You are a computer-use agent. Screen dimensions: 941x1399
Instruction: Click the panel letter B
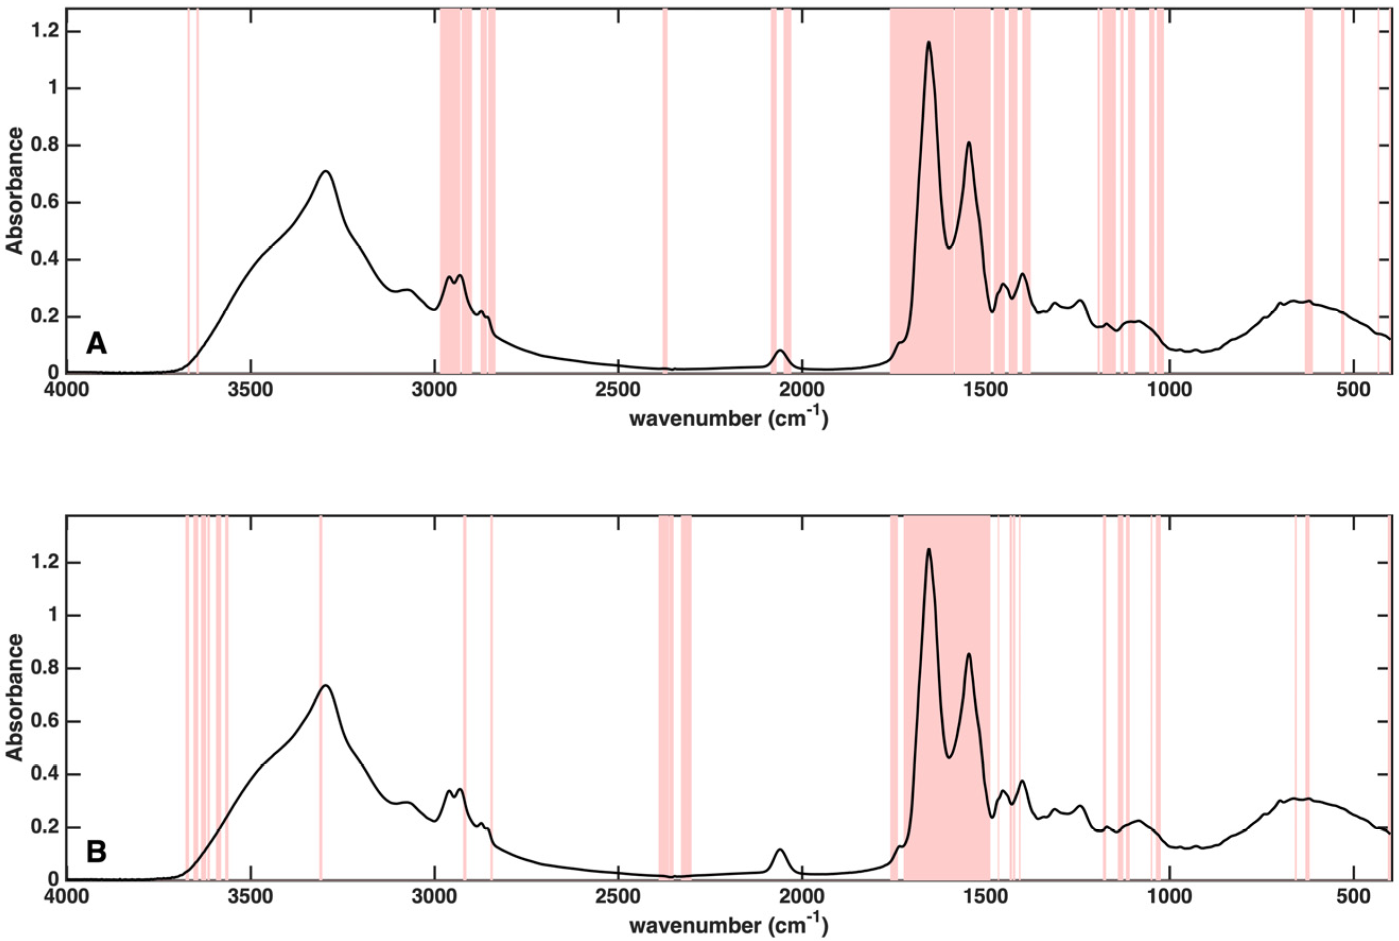pos(97,852)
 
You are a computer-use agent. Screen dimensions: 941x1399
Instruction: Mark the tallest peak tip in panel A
pos(929,42)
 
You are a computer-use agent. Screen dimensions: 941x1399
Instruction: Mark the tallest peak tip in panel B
pos(929,549)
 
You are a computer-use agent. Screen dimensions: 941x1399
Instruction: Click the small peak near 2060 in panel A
pos(780,350)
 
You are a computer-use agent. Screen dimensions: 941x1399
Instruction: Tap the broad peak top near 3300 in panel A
pos(326,171)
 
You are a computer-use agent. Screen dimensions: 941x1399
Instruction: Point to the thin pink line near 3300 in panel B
pos(321,696)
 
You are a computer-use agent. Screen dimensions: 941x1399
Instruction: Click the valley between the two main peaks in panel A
pos(949,248)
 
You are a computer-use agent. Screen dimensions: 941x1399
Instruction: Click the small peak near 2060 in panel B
pos(780,850)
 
